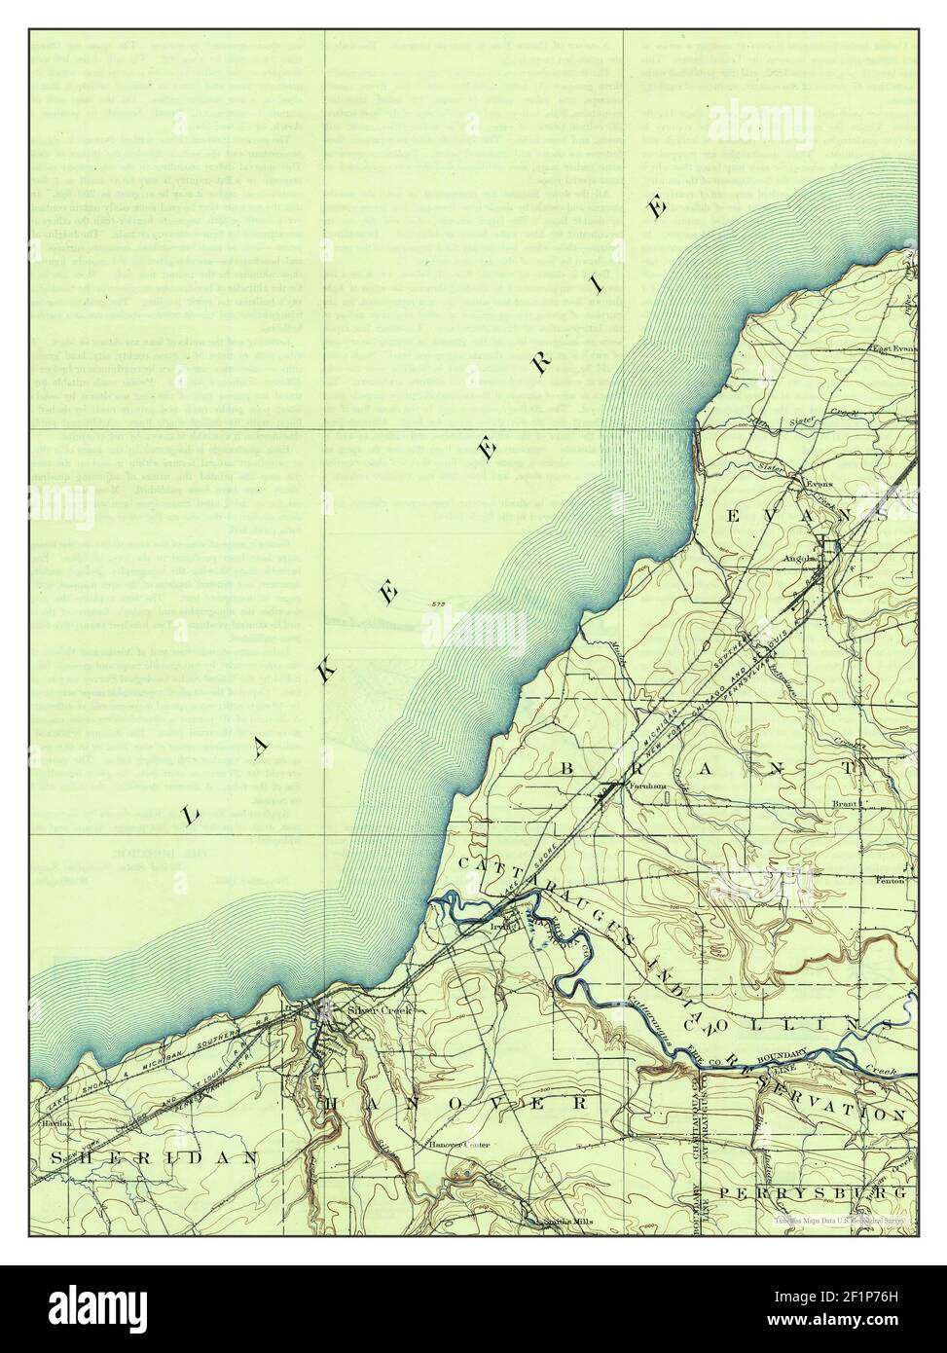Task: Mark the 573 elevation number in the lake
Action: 435,606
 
